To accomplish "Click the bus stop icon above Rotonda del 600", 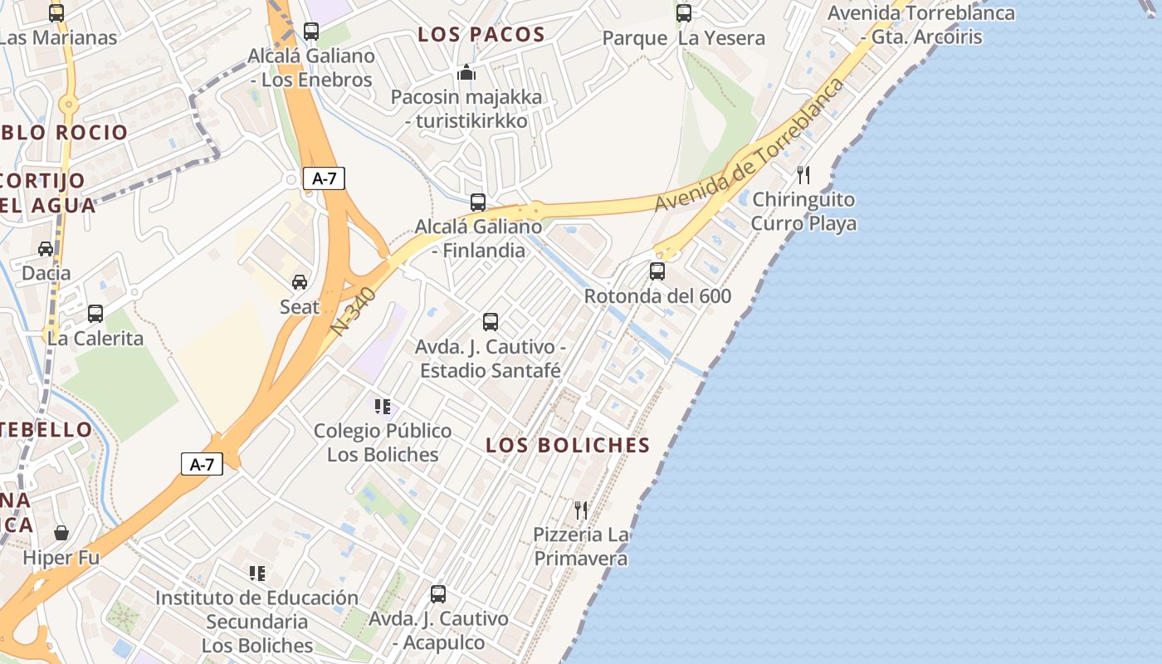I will coord(657,271).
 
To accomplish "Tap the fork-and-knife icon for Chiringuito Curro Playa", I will coord(803,174).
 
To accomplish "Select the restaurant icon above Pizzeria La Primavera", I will coord(581,510).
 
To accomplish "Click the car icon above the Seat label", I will coord(300,282).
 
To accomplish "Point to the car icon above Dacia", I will coord(46,248).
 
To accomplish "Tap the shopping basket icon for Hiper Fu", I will coord(61,532).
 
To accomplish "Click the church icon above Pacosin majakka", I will coord(466,72).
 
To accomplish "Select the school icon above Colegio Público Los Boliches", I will coord(383,407).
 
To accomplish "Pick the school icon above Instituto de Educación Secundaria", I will coord(257,573).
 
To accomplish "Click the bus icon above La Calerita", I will coord(95,313).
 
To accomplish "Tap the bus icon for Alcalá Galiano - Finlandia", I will coord(478,202).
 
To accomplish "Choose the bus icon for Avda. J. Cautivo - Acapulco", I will coord(438,594).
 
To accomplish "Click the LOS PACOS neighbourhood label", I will coord(481,35).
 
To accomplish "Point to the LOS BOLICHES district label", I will coord(568,445).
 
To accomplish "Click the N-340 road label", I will coord(353,311).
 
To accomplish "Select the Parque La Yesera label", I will coord(684,38).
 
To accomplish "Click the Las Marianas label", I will coord(57,37).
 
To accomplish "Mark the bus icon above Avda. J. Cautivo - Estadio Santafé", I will coord(491,321).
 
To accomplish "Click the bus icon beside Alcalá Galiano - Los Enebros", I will coord(311,32).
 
